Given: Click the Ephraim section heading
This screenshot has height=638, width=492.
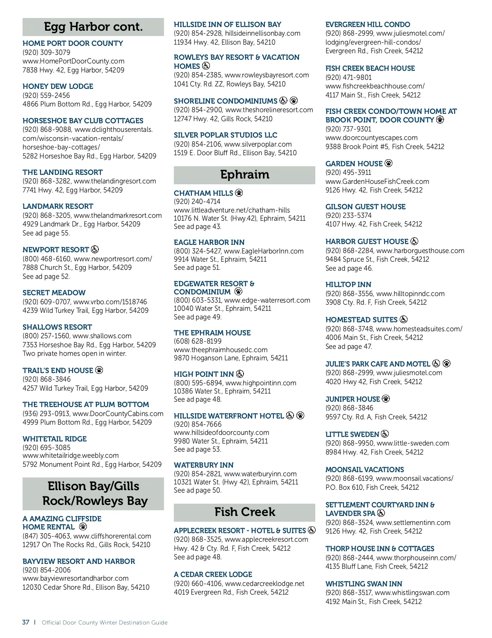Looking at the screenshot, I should [245, 175].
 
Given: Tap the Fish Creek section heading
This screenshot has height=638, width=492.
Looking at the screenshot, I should [245, 512].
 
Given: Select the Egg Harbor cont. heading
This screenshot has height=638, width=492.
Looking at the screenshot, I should [93, 27].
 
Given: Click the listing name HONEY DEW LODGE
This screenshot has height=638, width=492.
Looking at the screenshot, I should [58, 86].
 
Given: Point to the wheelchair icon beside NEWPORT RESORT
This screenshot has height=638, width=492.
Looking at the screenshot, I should [95, 249].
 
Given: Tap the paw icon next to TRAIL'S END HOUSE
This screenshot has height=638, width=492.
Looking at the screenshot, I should [99, 370].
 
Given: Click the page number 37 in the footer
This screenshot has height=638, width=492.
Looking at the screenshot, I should [26, 622].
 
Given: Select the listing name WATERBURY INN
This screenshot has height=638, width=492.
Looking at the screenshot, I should [204, 465].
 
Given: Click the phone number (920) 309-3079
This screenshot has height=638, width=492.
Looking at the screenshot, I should [46, 52].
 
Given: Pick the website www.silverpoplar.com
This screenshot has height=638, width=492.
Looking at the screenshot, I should [258, 144].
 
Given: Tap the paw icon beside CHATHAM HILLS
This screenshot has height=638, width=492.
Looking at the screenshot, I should [239, 193].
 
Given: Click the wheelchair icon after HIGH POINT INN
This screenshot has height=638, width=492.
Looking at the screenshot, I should [240, 374].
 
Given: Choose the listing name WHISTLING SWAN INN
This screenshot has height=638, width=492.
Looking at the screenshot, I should [364, 584].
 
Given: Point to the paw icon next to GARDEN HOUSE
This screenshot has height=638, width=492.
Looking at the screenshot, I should [389, 163].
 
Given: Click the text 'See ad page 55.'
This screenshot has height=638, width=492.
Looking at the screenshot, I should [46, 233].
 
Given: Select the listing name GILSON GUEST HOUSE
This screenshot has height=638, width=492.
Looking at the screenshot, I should [365, 207].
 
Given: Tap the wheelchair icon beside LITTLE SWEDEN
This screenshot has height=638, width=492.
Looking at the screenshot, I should [385, 434].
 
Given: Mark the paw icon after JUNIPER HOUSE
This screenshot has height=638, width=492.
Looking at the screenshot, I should [386, 399].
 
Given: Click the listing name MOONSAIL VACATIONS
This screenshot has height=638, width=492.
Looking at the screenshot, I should [364, 470].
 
